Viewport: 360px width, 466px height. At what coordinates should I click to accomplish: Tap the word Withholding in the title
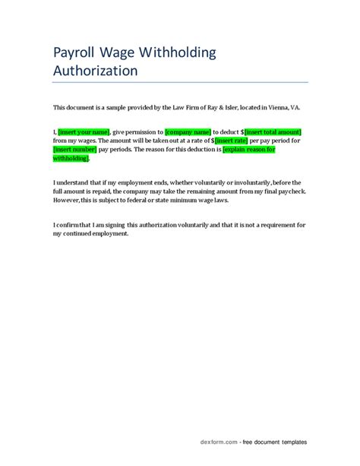[x=178, y=52]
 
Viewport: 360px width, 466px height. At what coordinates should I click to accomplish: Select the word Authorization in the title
[x=95, y=71]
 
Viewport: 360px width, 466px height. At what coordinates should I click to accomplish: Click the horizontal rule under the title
[x=180, y=82]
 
